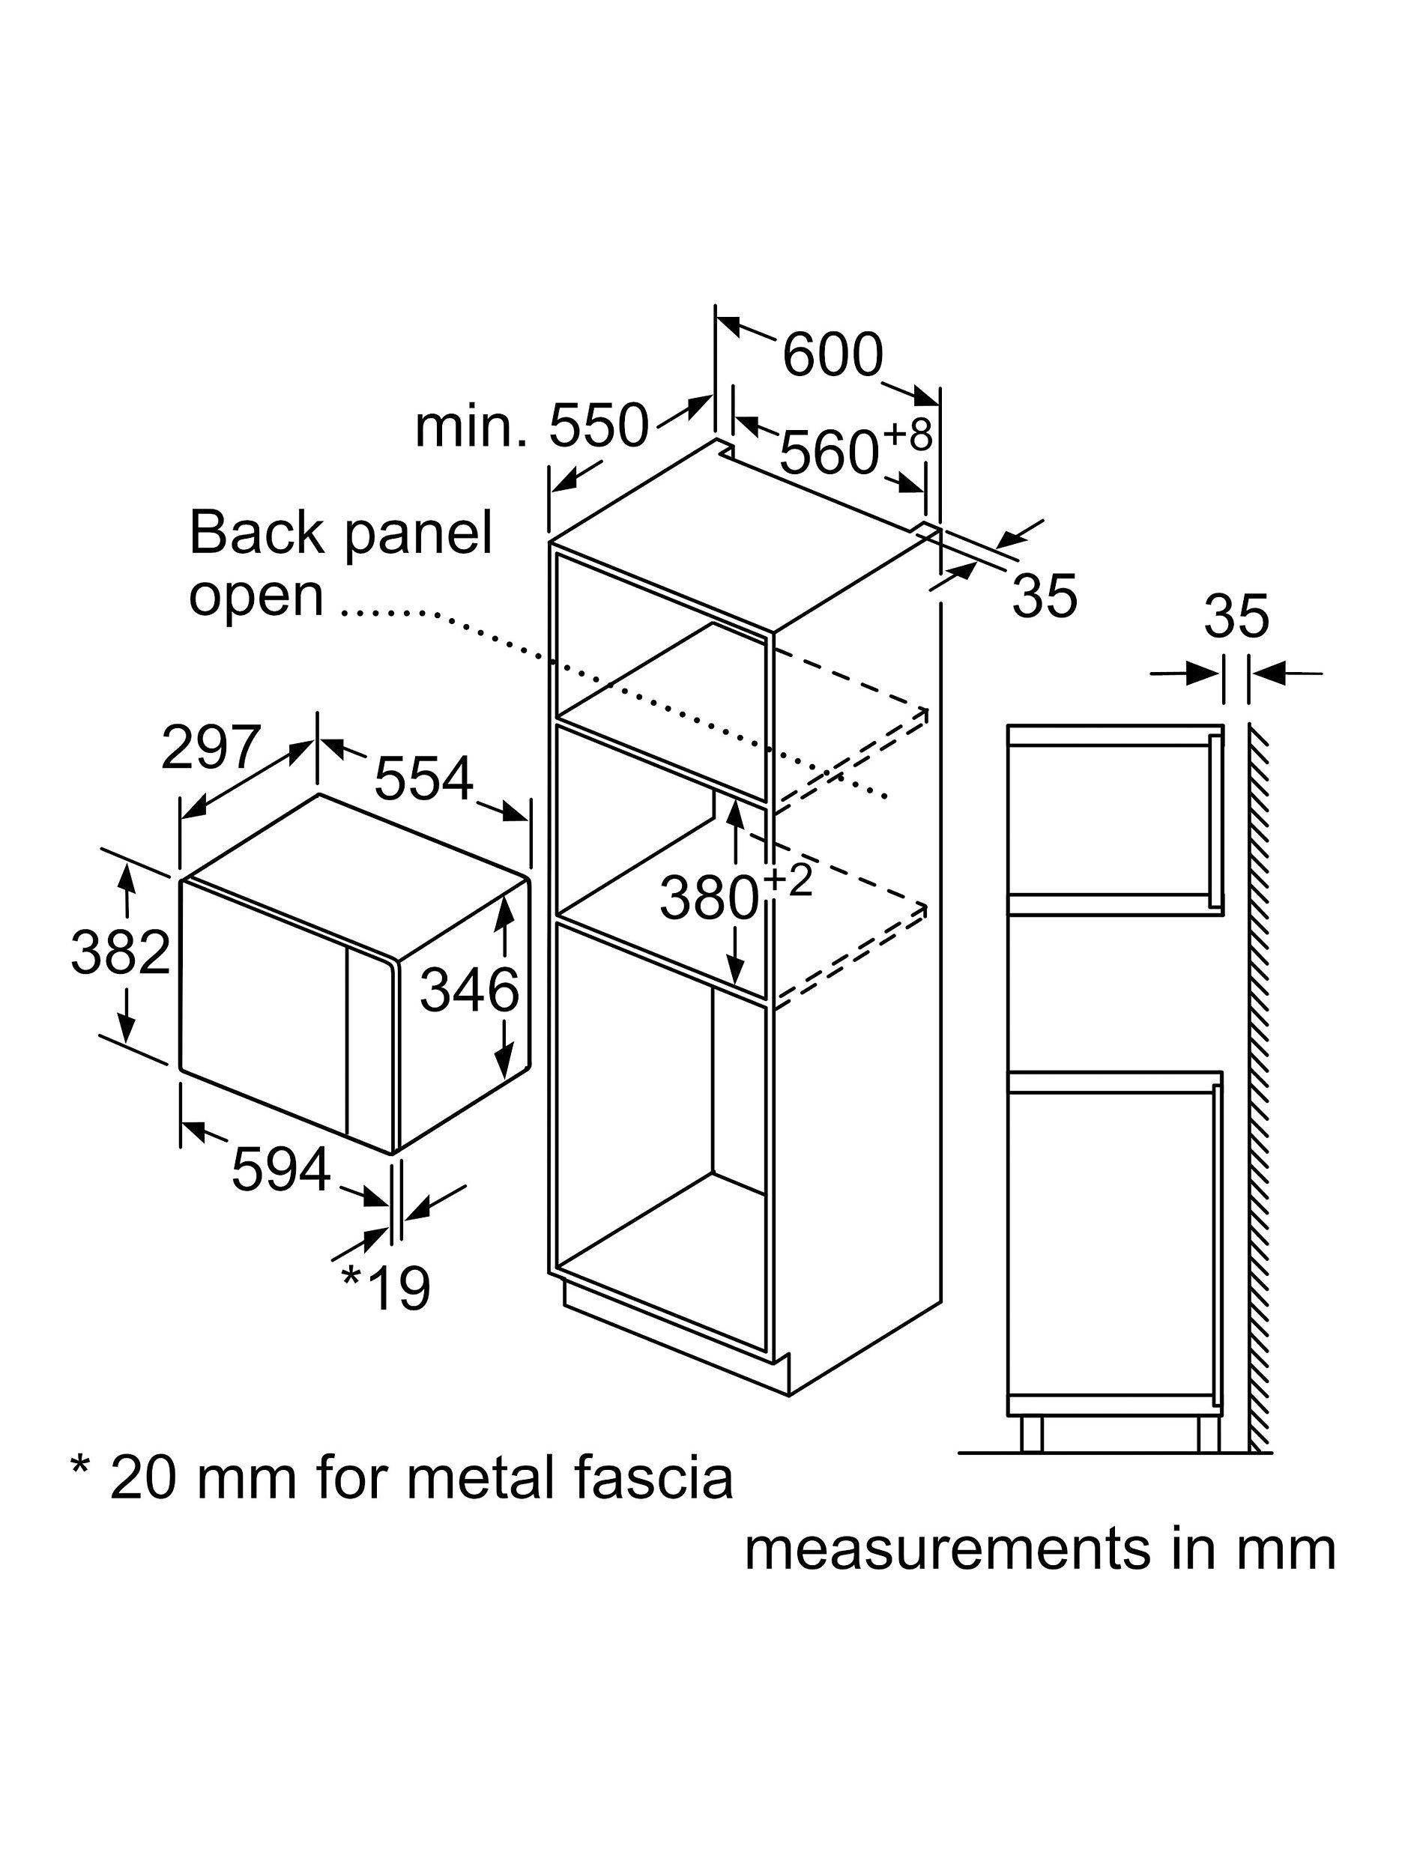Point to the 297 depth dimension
tap(209, 747)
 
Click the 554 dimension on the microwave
tap(423, 778)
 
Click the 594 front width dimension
tap(280, 1170)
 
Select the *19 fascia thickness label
tap(386, 1287)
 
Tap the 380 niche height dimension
tap(709, 898)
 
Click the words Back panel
tap(340, 533)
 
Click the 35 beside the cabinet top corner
tap(1045, 596)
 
